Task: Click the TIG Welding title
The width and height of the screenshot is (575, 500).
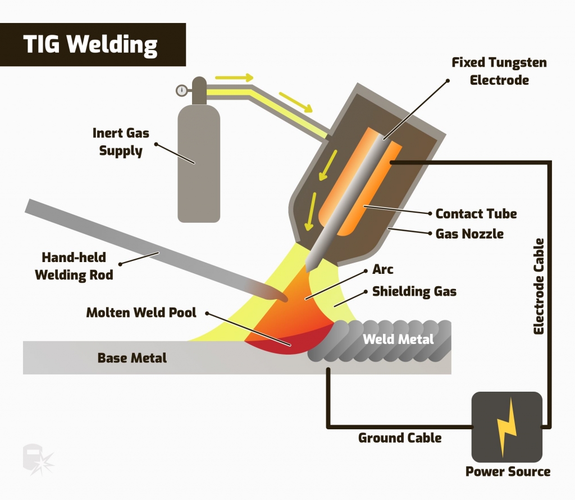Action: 90,45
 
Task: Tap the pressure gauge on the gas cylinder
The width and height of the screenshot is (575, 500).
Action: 181,90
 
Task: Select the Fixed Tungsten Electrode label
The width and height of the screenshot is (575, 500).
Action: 499,71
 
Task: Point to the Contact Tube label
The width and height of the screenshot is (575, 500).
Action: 476,214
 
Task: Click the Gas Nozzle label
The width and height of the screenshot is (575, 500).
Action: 469,233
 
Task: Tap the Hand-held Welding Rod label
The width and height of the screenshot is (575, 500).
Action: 74,267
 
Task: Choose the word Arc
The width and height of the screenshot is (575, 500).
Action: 383,269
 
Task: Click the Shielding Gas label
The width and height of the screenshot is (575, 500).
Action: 414,292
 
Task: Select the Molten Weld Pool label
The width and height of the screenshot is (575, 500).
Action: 141,313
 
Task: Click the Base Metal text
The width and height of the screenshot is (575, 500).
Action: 132,357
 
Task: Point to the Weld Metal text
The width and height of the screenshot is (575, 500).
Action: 398,339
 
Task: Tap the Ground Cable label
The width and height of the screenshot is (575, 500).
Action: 400,438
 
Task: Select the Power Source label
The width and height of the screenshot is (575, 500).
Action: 508,471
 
